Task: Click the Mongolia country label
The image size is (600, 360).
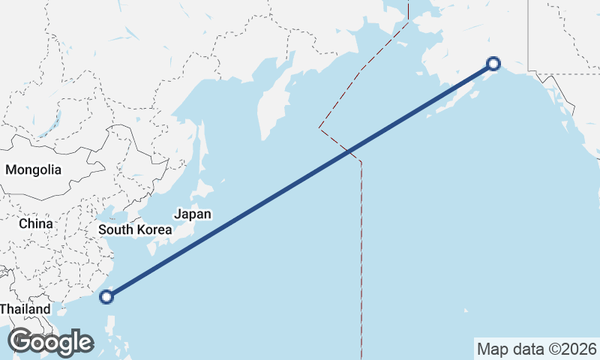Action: [33, 169]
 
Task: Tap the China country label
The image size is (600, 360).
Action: [36, 223]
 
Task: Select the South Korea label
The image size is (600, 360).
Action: [135, 229]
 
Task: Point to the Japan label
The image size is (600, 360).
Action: [192, 214]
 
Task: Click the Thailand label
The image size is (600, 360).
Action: [24, 309]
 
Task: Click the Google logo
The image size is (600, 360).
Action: [50, 342]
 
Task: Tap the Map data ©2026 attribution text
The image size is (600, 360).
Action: [537, 349]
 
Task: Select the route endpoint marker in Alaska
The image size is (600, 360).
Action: [493, 64]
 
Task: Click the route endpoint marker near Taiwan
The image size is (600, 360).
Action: [106, 296]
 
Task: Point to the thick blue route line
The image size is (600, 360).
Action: [300, 180]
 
